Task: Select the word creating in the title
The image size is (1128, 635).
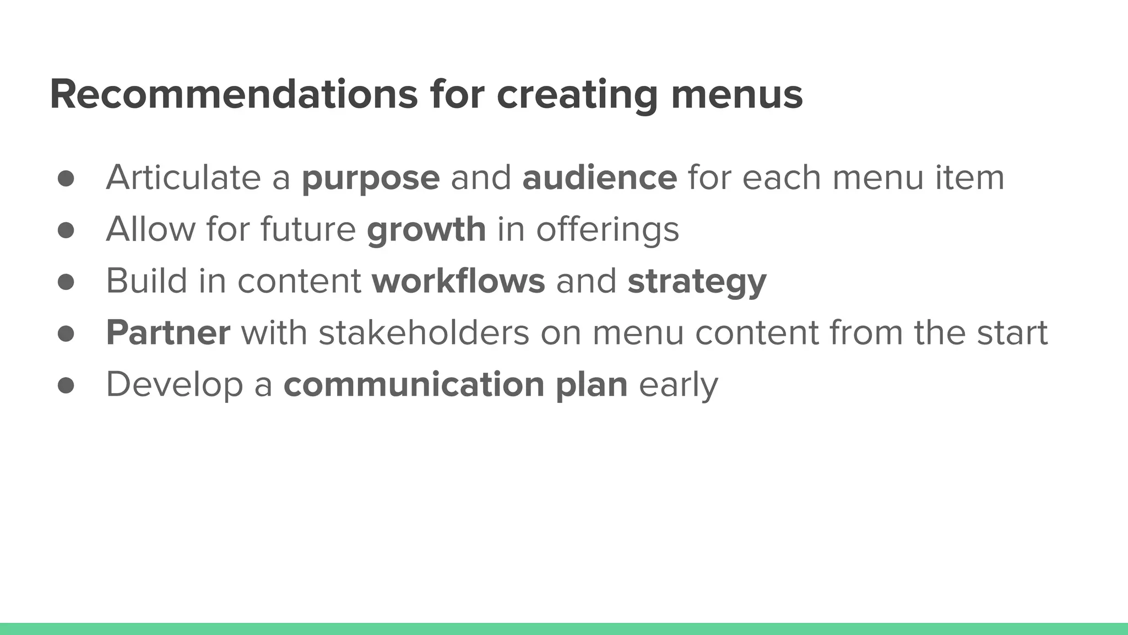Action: [577, 94]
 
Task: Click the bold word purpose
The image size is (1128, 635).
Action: [371, 178]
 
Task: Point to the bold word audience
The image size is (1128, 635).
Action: [599, 177]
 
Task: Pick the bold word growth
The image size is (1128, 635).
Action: [426, 229]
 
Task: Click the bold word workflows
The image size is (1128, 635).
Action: [458, 281]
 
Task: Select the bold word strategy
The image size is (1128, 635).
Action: [697, 282]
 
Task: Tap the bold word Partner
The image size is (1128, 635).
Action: [168, 332]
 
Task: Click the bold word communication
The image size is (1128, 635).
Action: [414, 384]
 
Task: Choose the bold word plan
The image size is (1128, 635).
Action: [592, 384]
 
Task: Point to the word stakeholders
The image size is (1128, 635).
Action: [424, 332]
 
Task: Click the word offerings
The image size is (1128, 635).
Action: [608, 229]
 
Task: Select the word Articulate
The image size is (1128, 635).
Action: [183, 177]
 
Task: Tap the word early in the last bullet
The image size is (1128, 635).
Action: [678, 384]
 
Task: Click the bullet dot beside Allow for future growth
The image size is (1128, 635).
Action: [66, 230]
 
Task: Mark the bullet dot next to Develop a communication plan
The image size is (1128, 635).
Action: [66, 385]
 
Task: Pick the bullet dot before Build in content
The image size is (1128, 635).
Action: [66, 282]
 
